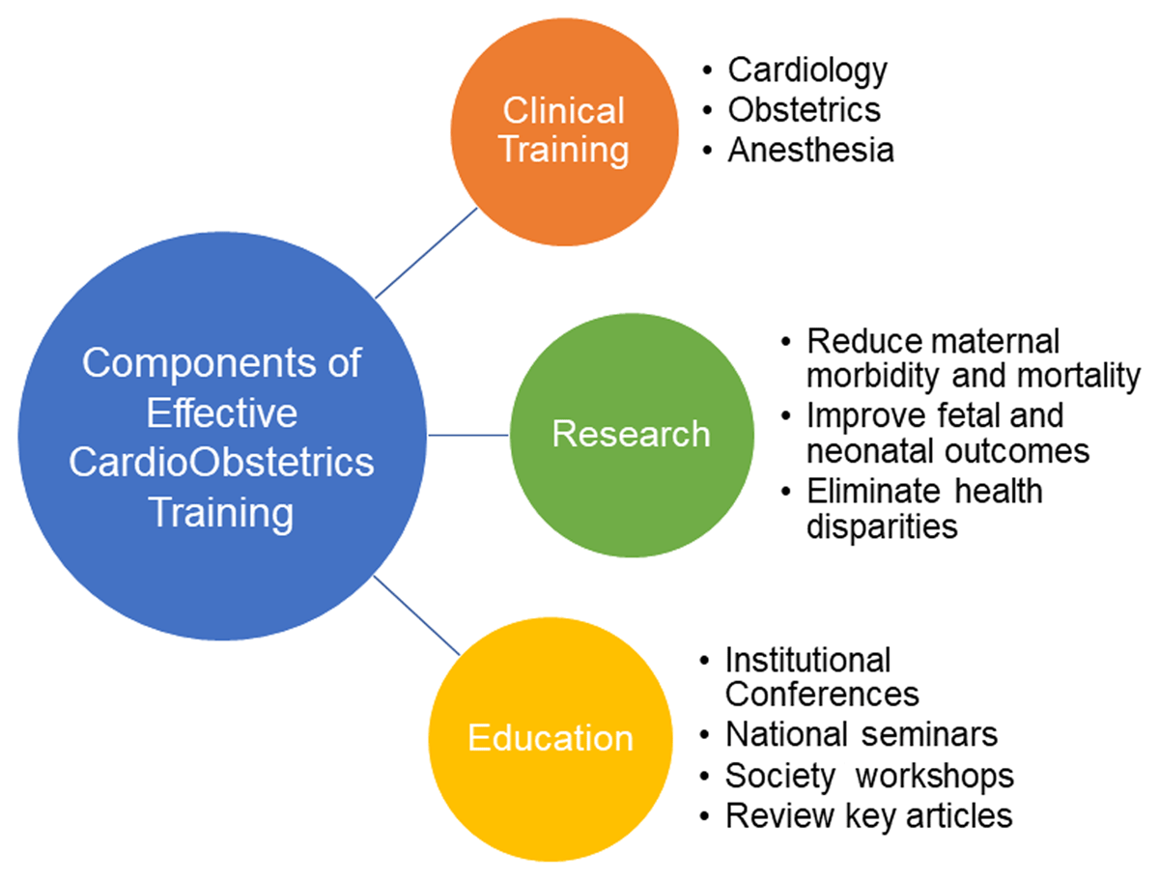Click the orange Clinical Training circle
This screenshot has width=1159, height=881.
tap(564, 132)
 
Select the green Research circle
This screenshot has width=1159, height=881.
tap(632, 435)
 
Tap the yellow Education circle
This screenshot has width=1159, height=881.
tap(551, 739)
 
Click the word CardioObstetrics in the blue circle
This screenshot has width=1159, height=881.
tap(221, 463)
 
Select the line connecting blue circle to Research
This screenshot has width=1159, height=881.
tap(467, 436)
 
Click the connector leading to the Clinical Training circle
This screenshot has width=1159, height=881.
tap(426, 253)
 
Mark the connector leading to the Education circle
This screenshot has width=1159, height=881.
tap(416, 616)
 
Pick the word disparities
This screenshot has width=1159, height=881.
tap(882, 527)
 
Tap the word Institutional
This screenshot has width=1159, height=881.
tap(807, 661)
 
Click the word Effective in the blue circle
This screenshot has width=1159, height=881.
tap(222, 412)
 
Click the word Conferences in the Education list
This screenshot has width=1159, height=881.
tap(822, 694)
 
